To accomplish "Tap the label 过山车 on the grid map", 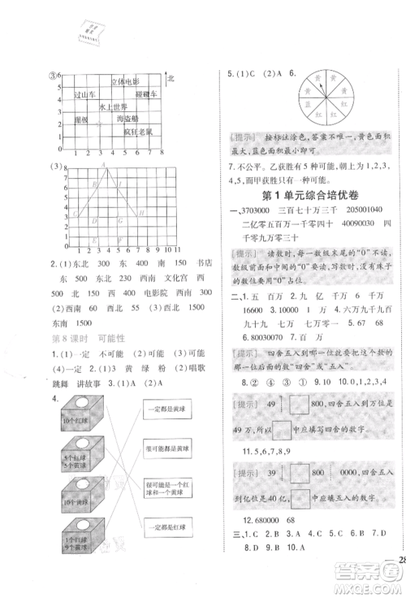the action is click(x=86, y=94).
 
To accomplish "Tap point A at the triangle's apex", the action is click(x=103, y=165).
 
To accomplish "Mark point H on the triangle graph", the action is click(x=141, y=214).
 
